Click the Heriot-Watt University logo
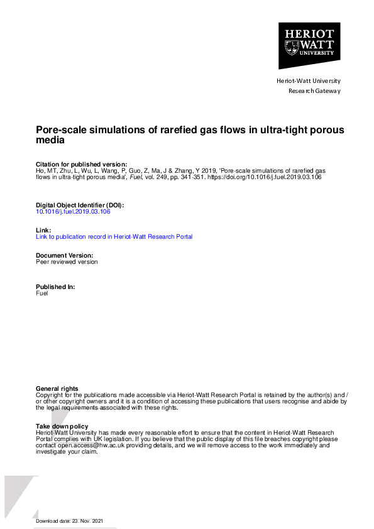coord(309,46)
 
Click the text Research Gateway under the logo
coord(314,91)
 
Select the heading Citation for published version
coord(81,164)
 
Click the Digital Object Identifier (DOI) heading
coord(80,205)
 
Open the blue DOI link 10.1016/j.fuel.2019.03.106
coord(73,212)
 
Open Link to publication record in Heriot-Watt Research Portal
coord(114,237)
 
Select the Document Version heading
coord(64,255)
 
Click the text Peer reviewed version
coord(67,261)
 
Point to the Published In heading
coord(55,286)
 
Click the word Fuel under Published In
coord(42,293)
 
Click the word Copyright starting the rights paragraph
coord(50,395)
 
